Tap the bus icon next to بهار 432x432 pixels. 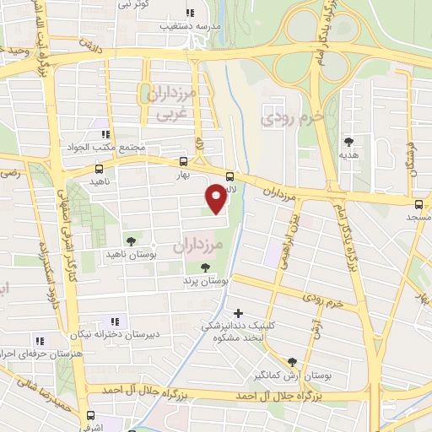pyautogui.click(x=184, y=161)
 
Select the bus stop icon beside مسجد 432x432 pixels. pyautogui.click(x=419, y=203)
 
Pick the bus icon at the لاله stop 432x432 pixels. pyautogui.click(x=230, y=176)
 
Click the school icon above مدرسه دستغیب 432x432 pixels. pyautogui.click(x=190, y=13)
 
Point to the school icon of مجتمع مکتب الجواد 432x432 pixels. pyautogui.click(x=105, y=133)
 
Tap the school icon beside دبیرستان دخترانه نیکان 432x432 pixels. pyautogui.click(x=116, y=321)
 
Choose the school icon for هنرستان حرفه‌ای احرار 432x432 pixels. pyautogui.click(x=39, y=340)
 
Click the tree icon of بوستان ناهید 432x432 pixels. pyautogui.click(x=130, y=240)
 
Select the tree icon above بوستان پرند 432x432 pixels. pyautogui.click(x=206, y=267)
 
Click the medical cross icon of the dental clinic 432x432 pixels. pyautogui.click(x=239, y=312)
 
